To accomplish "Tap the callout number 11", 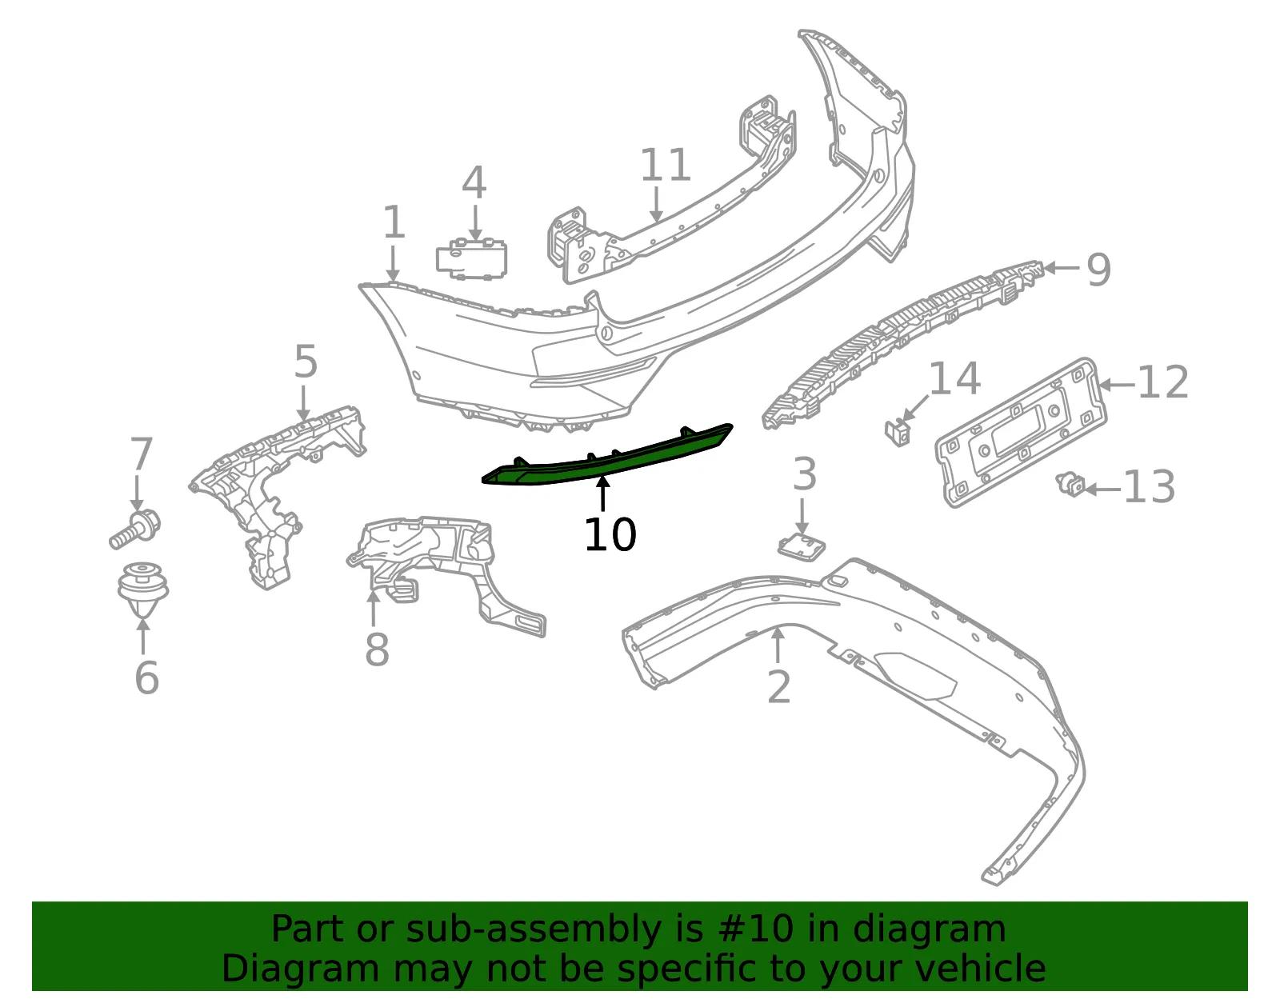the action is tap(665, 165).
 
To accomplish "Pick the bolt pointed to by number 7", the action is tap(135, 529).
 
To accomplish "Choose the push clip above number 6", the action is tap(143, 589).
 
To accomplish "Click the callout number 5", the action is tap(306, 362).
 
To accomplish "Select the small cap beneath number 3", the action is tap(801, 547).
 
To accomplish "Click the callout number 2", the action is tap(778, 686).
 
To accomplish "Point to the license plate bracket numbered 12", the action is tap(1022, 433).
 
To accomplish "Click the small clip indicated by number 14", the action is tap(898, 432).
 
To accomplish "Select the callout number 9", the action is tap(1098, 270).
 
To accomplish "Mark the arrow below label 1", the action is tap(393, 264).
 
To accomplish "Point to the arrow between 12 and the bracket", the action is tap(1116, 385).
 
